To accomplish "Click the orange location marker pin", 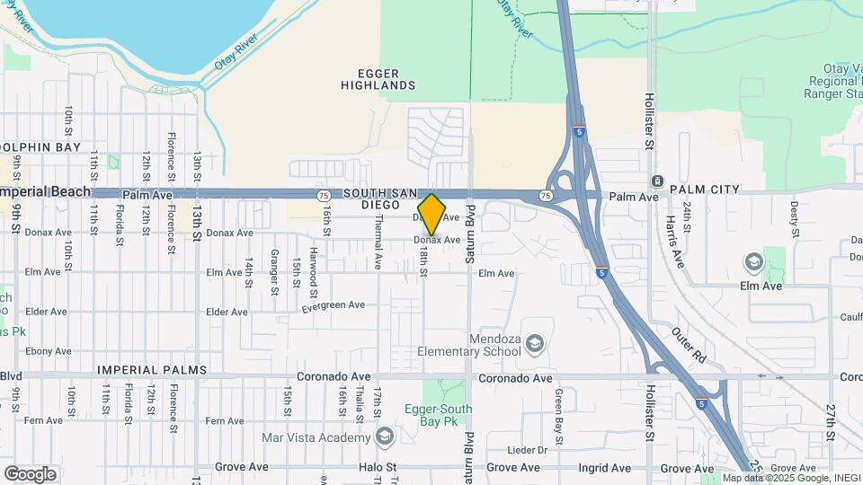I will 431,214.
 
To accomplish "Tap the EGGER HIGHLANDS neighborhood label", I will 378,78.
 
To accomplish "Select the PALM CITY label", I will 705,190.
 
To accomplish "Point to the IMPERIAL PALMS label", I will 152,370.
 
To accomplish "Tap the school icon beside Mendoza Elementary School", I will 535,344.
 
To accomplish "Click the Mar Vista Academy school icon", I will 385,437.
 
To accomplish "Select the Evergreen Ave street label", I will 333,305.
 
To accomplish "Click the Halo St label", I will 378,468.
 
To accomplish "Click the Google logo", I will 30,473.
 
